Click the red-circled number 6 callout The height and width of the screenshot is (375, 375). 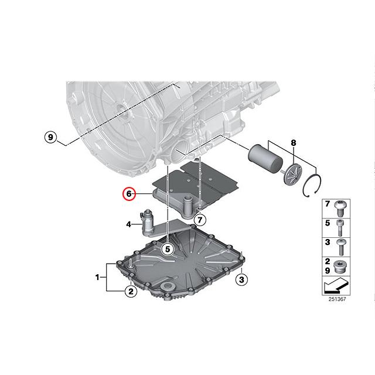[129, 195]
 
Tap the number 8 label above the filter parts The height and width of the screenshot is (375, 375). [294, 142]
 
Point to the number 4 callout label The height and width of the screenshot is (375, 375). [128, 223]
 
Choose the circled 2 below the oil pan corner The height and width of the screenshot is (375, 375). [129, 291]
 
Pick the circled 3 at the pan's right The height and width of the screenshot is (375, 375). [240, 279]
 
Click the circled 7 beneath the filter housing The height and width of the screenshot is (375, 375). [200, 220]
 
